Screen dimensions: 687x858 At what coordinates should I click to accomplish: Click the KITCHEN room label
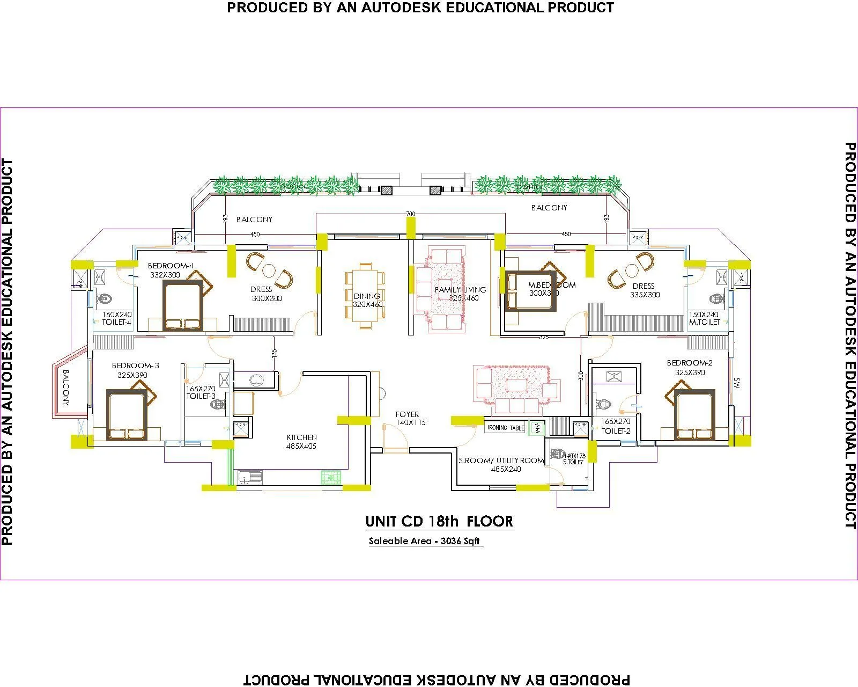coord(301,437)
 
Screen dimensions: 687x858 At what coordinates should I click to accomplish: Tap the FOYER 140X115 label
coord(410,418)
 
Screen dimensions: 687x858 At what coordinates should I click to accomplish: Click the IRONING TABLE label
coord(505,428)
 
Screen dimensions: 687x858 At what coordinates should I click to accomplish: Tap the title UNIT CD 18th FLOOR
coord(439,521)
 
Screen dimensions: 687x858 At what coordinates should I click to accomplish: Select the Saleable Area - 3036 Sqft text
coord(424,541)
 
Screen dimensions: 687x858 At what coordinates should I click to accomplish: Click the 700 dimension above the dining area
coord(410,214)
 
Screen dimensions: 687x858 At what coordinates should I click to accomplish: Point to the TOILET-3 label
coord(201,396)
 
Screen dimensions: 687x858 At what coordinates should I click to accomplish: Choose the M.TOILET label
coord(704,322)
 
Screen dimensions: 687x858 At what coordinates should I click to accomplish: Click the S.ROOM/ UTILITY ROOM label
coord(501,461)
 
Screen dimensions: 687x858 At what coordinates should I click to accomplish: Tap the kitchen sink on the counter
coord(249,476)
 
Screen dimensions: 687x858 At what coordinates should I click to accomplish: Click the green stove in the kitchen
coord(331,477)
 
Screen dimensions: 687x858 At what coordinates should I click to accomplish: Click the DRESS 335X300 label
coord(644,290)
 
